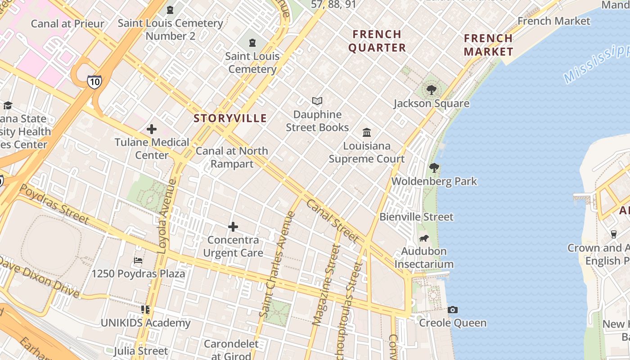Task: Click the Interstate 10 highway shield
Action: tap(94, 81)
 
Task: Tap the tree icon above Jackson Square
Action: tap(432, 90)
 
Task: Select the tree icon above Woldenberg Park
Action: tap(434, 168)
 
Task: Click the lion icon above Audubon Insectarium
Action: tap(423, 238)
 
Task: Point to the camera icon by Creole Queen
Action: tap(453, 310)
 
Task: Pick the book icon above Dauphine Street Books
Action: tap(317, 101)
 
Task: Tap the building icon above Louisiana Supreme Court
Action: tap(367, 133)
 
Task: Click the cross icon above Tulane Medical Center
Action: tap(152, 129)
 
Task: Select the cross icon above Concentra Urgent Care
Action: tap(233, 226)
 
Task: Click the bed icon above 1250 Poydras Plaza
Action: tap(138, 261)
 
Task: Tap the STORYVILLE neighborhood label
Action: tap(230, 118)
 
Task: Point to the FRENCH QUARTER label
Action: tap(377, 41)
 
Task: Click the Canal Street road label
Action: tap(333, 220)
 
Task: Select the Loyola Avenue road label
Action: tap(166, 216)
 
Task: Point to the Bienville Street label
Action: tap(416, 217)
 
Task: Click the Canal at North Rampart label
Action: tap(232, 157)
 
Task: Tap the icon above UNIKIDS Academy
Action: tap(145, 310)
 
